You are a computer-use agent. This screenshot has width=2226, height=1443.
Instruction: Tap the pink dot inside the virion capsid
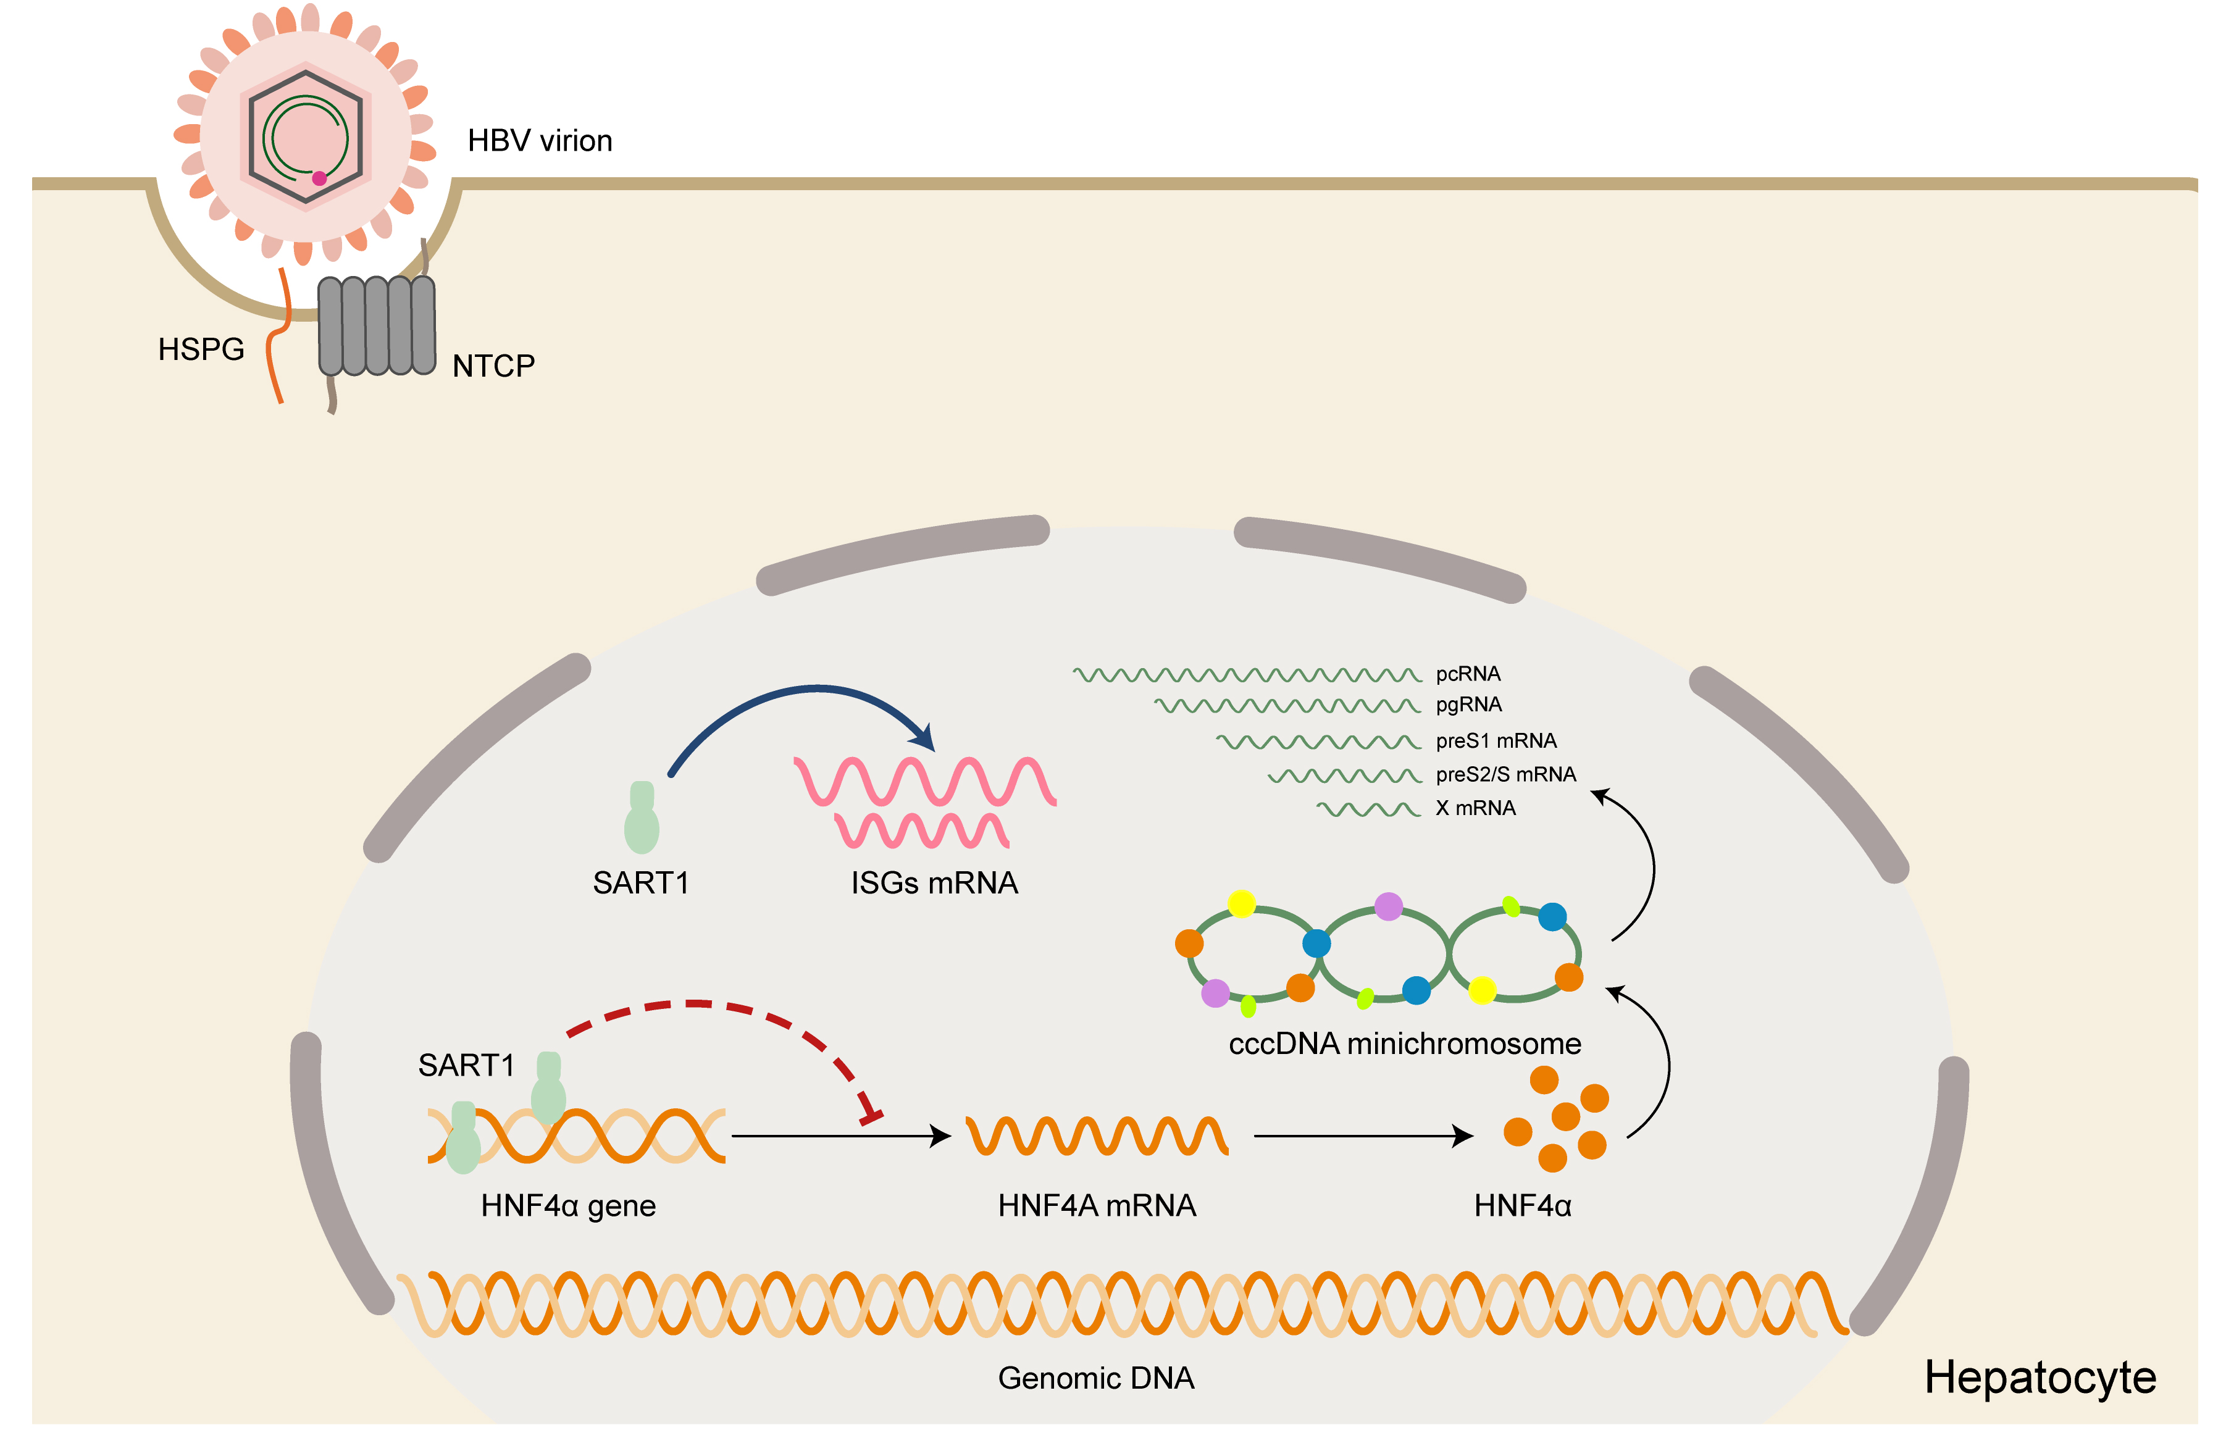click(x=319, y=178)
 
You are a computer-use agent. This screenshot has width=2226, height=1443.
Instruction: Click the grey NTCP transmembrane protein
click(x=377, y=325)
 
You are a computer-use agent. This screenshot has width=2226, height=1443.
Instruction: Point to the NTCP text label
click(x=493, y=366)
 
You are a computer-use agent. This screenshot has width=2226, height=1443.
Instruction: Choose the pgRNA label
click(x=1468, y=704)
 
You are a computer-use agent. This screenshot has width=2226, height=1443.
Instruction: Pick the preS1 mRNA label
click(x=1496, y=741)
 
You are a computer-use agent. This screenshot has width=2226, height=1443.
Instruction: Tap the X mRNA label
click(x=1475, y=808)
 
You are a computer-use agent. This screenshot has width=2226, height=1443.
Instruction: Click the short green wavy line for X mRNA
click(x=1367, y=809)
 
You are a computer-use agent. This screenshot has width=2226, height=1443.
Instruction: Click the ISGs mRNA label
click(x=934, y=883)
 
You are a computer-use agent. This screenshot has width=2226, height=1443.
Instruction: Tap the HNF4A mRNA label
click(x=1096, y=1205)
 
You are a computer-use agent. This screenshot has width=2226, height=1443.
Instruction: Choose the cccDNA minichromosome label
click(x=1404, y=1044)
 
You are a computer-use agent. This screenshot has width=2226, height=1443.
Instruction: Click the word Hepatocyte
click(x=2039, y=1378)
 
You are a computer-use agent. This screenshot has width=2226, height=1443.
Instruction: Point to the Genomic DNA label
click(x=1095, y=1378)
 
